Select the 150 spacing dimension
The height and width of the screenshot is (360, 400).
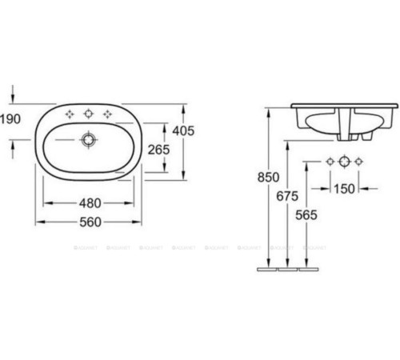[344, 190]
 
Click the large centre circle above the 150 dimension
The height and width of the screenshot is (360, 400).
[344, 162]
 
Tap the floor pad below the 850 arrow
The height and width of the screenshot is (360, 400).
[266, 270]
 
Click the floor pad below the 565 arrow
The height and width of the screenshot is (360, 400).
[308, 270]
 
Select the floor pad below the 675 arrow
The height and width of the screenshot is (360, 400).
[287, 270]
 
